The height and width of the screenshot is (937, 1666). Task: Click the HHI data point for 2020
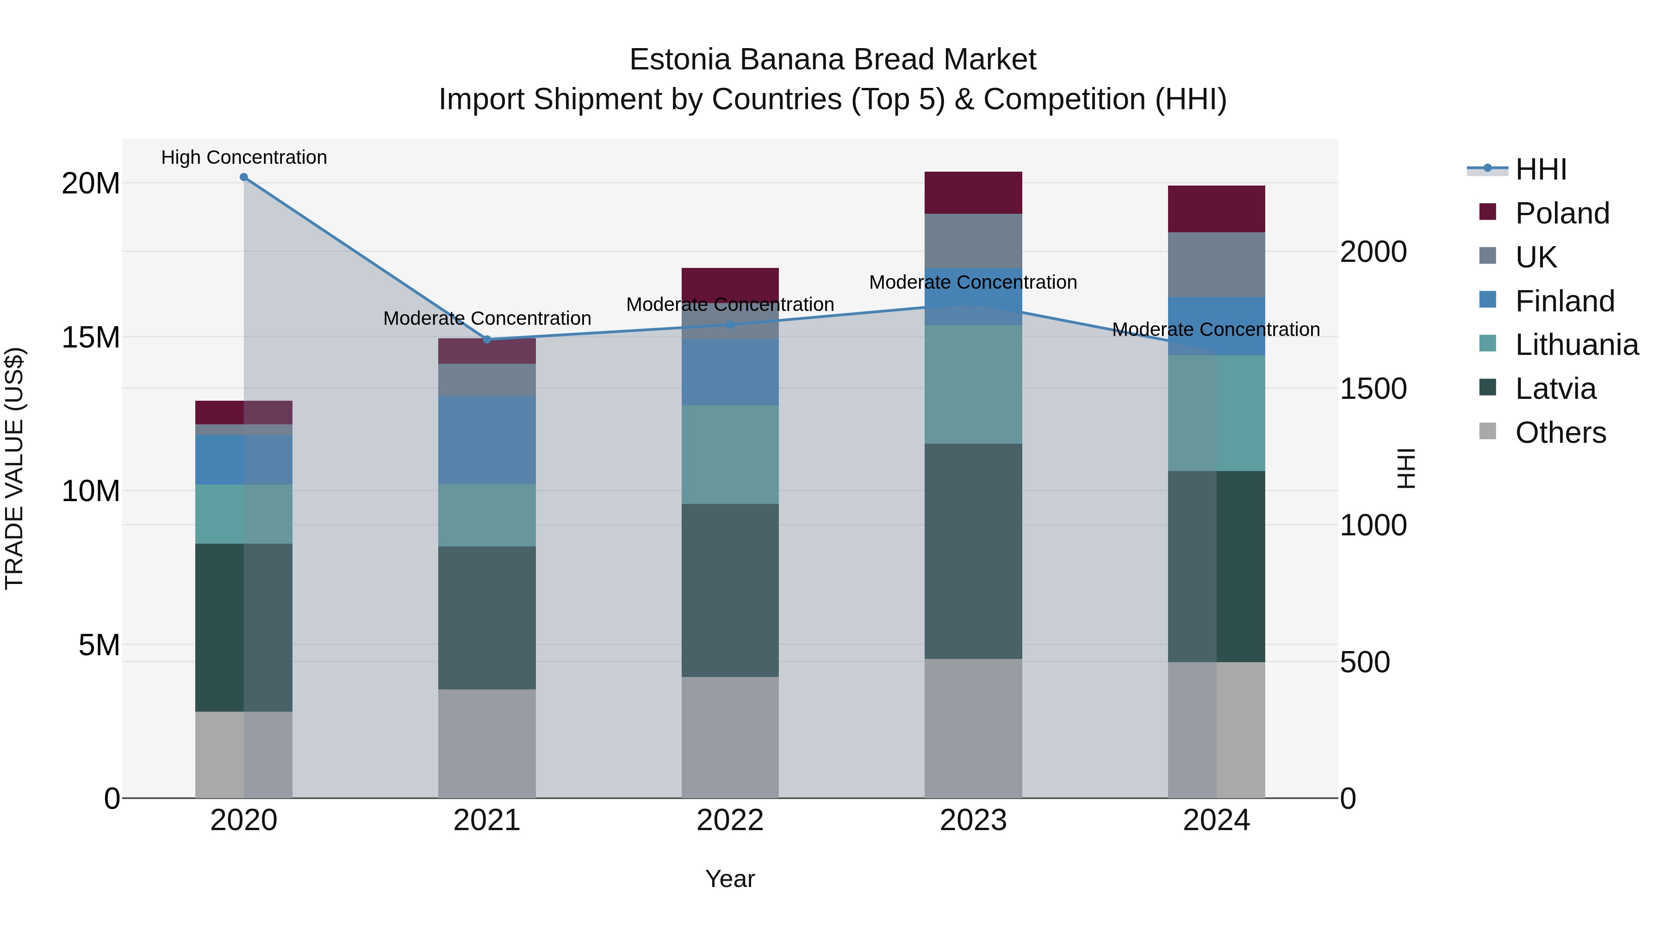point(244,177)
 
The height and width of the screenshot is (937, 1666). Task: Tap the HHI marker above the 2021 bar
point(487,340)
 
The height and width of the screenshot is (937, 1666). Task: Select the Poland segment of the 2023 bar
point(973,192)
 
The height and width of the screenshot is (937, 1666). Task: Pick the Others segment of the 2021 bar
point(487,744)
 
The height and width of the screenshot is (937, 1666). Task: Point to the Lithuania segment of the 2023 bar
point(973,385)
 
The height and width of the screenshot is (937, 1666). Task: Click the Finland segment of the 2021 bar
point(487,440)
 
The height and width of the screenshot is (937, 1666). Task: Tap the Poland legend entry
point(1562,213)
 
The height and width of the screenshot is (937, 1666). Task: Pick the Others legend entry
point(1560,433)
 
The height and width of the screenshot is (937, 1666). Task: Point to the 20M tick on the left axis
point(91,184)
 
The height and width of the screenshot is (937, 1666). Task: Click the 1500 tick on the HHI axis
point(1373,389)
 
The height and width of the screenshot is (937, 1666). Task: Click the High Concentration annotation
point(244,157)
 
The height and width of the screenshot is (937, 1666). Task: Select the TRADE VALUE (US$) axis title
point(14,468)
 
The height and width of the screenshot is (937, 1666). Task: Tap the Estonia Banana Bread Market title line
point(833,60)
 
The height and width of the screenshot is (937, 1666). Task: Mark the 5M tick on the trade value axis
point(99,645)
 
